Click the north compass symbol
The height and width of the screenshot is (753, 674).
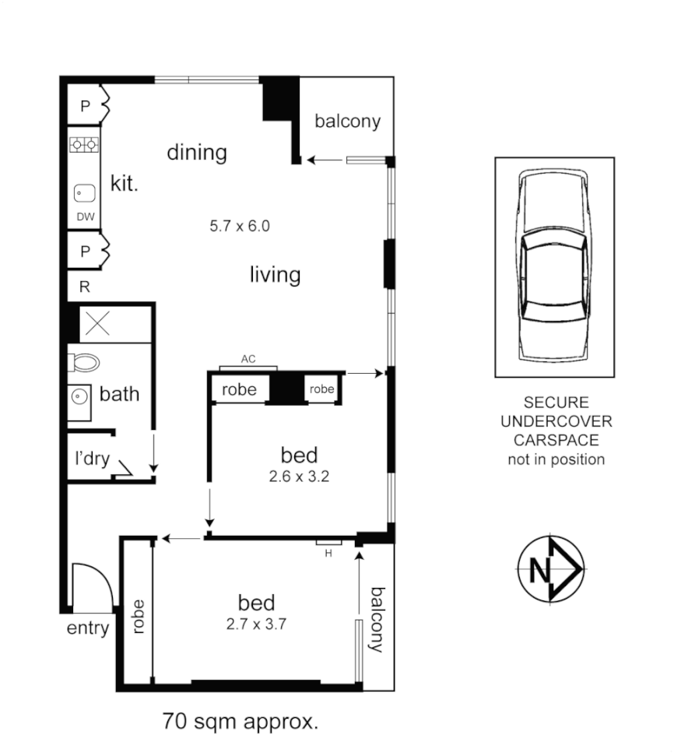pos(551,569)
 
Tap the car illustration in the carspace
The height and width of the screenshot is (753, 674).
pos(554,267)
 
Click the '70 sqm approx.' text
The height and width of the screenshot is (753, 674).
pos(240,720)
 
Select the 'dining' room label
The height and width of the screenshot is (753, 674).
pos(197,152)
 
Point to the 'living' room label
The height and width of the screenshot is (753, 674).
pos(275,275)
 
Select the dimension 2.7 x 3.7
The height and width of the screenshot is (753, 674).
pos(257,623)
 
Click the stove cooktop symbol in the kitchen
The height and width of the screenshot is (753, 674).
pos(84,144)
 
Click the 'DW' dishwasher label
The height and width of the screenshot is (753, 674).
pos(85,217)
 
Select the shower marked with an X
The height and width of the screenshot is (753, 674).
pos(98,324)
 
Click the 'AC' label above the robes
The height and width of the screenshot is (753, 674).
pos(248,359)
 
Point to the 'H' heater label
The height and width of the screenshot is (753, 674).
pos(328,553)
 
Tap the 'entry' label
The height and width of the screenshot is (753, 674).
pos(88,628)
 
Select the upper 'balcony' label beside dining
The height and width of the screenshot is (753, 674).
pos(347,121)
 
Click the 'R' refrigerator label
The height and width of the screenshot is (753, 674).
pos(84,287)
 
